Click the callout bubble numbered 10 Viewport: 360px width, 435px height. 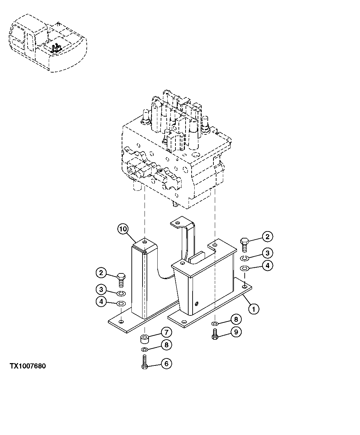123,229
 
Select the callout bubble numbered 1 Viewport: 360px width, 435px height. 254,308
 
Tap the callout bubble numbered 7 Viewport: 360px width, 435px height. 166,333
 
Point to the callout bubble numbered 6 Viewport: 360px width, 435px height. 166,363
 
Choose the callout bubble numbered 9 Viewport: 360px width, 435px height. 236,332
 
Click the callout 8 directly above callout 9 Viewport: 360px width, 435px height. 236,319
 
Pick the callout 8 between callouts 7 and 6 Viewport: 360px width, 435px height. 166,345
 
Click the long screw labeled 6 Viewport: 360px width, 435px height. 145,362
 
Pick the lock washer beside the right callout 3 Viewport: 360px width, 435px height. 244,258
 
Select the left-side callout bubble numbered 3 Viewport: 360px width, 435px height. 101,289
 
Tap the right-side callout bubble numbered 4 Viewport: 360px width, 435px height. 267,266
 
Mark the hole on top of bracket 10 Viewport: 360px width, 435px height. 145,242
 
